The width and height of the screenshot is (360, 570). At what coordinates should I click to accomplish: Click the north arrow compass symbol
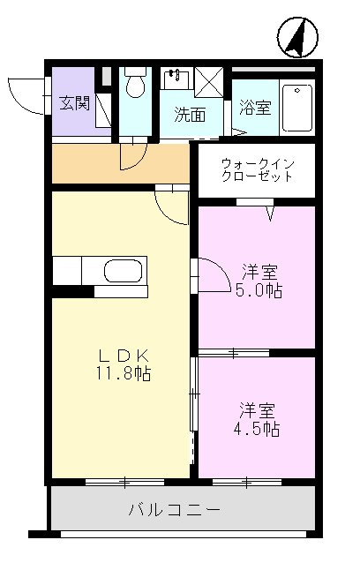click(297, 37)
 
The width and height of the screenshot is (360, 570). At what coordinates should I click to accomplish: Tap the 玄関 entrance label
click(74, 103)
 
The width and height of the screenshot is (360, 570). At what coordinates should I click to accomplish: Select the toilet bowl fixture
click(135, 83)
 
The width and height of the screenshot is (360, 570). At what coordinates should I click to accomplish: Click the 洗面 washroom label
click(190, 115)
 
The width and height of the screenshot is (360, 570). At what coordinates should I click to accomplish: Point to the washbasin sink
click(176, 79)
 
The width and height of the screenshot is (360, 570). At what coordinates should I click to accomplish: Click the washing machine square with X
click(209, 82)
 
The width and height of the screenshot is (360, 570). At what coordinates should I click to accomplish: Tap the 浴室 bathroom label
click(255, 108)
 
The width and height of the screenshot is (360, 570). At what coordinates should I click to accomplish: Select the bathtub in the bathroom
click(297, 108)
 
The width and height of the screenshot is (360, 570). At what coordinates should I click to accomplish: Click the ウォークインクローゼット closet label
click(258, 169)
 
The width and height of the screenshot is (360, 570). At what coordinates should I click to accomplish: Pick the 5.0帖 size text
click(259, 290)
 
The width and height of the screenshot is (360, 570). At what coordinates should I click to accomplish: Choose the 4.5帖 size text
click(257, 429)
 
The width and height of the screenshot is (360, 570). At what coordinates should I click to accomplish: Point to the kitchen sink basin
click(124, 271)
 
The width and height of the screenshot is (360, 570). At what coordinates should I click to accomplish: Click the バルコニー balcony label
click(174, 510)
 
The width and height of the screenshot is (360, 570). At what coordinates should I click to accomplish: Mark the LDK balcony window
click(124, 483)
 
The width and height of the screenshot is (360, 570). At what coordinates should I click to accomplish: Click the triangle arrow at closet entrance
click(270, 214)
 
